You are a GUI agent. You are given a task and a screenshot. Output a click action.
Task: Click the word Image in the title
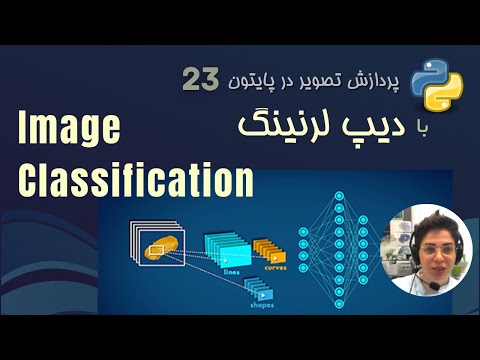point(68,130)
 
